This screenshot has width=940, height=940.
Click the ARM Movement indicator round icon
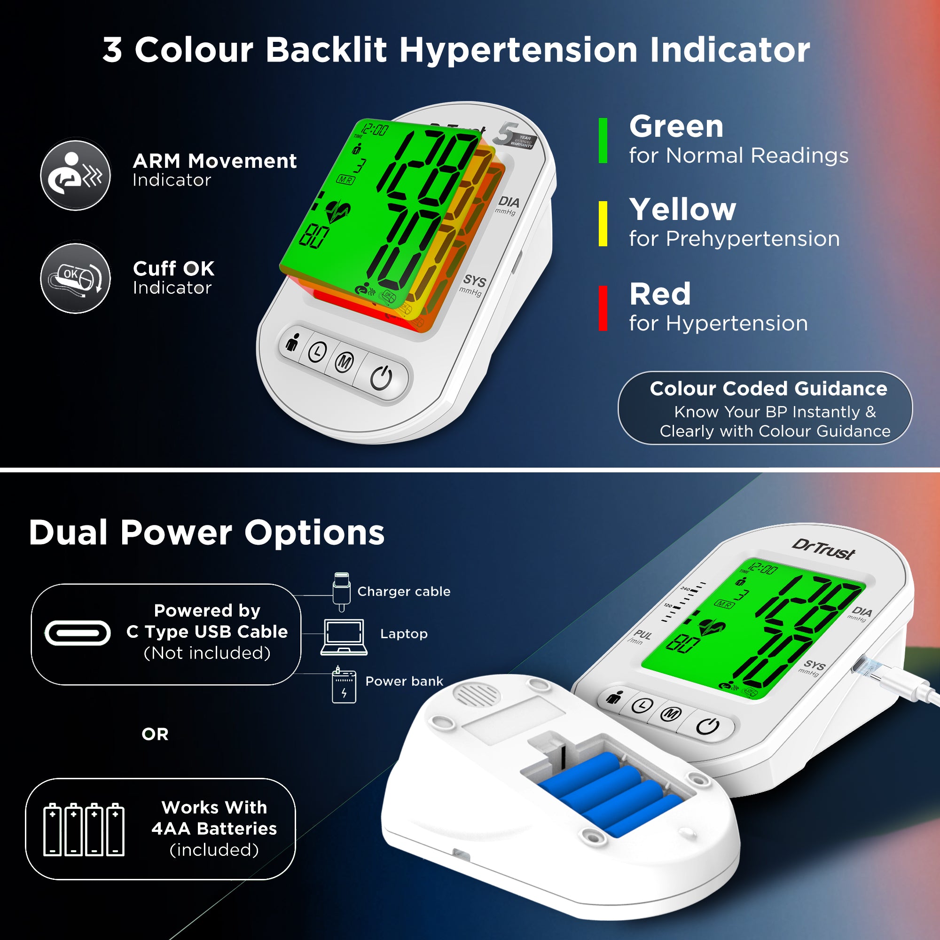click(x=75, y=175)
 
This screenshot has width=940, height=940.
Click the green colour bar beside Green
click(x=603, y=141)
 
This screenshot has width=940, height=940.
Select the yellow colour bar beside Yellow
click(x=603, y=224)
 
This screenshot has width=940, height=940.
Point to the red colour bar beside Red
click(x=603, y=308)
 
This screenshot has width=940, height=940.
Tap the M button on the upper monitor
click(x=345, y=362)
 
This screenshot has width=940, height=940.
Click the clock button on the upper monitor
click(x=318, y=351)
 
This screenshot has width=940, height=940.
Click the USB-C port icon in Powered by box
click(x=78, y=633)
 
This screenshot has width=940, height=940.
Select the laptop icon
click(x=344, y=637)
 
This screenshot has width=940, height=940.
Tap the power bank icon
click(x=344, y=686)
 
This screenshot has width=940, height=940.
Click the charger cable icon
click(x=342, y=592)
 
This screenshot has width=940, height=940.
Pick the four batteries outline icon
click(x=84, y=830)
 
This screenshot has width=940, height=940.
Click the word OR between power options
click(x=155, y=734)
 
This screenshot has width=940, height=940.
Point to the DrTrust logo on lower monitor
click(x=823, y=550)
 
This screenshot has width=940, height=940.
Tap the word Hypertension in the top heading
click(x=518, y=50)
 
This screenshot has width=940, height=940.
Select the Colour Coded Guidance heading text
click(x=768, y=388)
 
